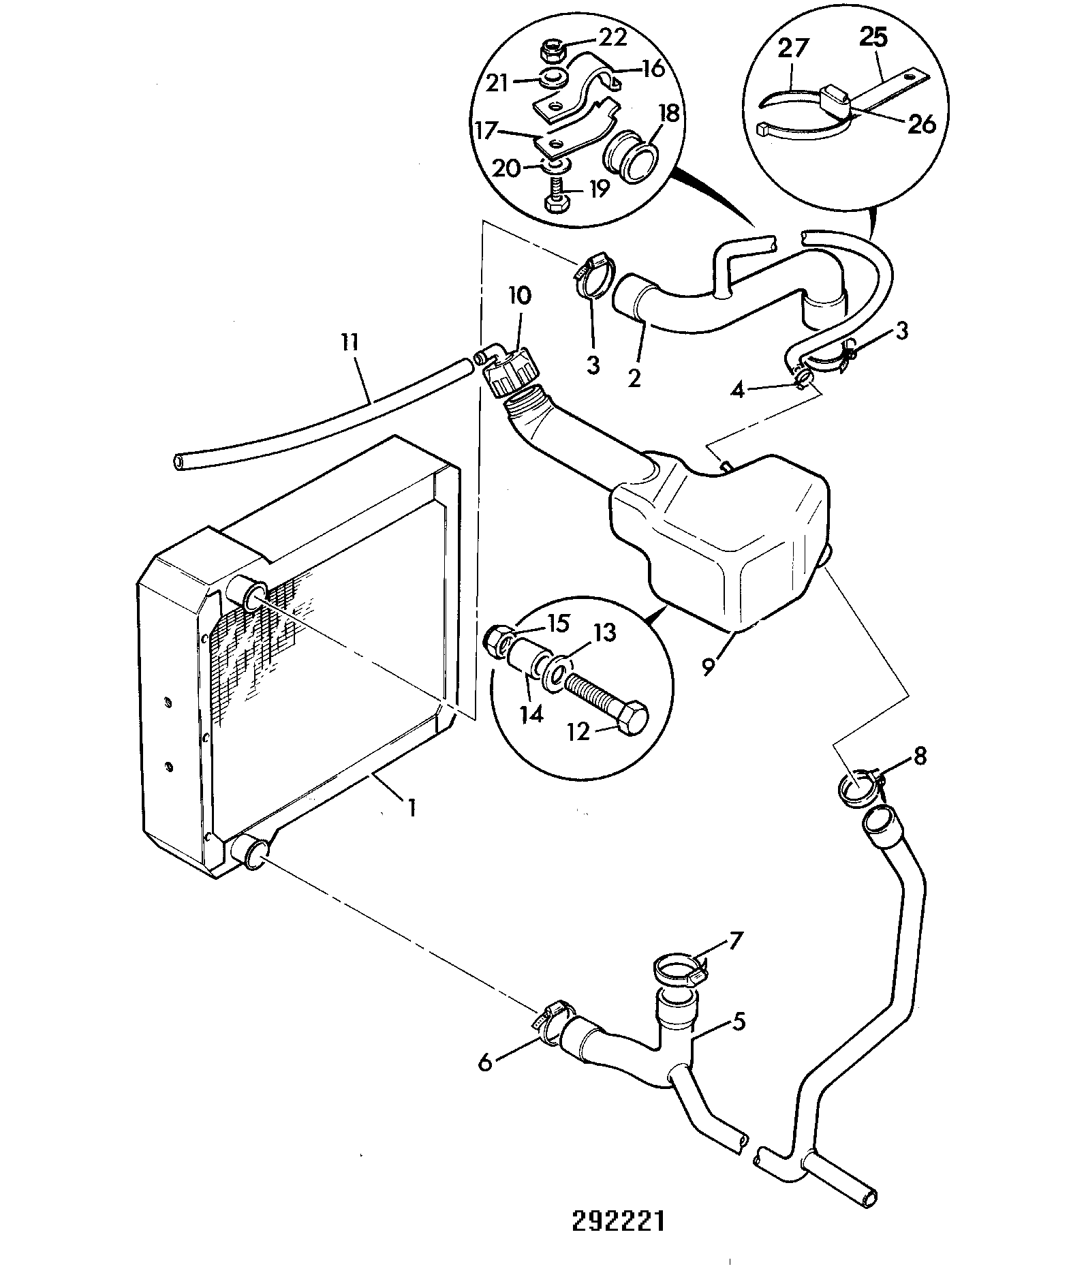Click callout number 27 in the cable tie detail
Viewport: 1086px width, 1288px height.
click(794, 48)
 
